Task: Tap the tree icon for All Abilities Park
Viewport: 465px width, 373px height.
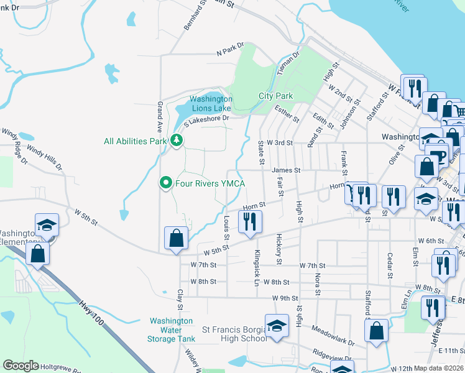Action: [x=177, y=140]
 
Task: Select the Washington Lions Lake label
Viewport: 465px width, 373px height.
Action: [x=211, y=103]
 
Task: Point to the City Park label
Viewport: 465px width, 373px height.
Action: [x=275, y=96]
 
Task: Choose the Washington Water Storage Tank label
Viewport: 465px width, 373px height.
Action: [x=172, y=330]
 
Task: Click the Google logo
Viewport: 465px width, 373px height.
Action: [x=21, y=366]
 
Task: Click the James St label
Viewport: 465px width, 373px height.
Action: [x=285, y=170]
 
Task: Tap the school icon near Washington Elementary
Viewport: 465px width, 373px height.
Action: [x=47, y=226]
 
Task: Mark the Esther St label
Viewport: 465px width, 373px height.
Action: [x=287, y=115]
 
